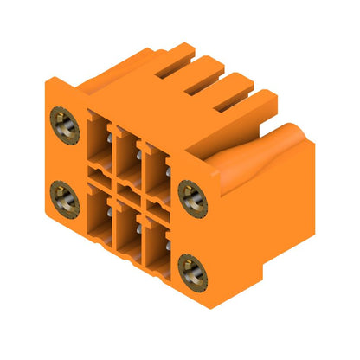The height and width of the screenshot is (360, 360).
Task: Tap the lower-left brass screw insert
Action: (x=65, y=199)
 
